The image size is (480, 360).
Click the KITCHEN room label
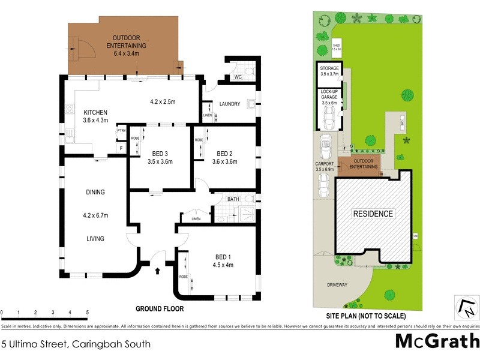[95, 112]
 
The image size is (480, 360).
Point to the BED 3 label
[160, 152]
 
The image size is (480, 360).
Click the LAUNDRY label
[229, 104]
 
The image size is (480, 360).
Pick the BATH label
[233, 199]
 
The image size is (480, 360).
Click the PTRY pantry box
[121, 131]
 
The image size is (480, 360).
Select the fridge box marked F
[121, 147]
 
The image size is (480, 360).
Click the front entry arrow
[158, 271]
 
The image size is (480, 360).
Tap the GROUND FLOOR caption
[160, 309]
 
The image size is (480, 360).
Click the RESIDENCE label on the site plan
[373, 214]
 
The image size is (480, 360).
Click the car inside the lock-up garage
[328, 118]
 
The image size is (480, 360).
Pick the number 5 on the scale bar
[88, 313]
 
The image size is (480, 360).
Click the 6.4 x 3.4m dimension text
[126, 53]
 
